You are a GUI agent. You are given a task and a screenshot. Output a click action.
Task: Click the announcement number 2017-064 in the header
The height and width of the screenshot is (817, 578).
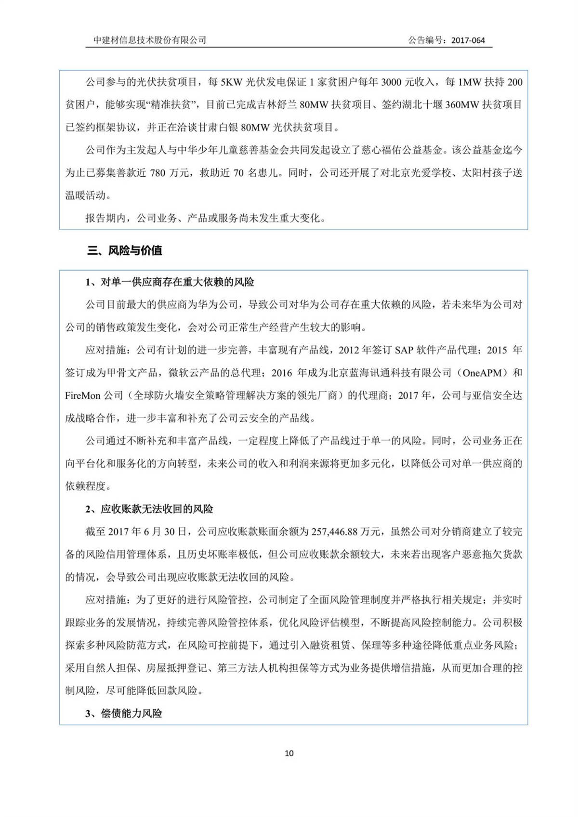click(468, 40)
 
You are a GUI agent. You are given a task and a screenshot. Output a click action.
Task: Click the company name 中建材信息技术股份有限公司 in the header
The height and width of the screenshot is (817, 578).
click(150, 40)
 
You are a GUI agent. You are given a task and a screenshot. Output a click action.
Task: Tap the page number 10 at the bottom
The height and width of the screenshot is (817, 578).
click(289, 753)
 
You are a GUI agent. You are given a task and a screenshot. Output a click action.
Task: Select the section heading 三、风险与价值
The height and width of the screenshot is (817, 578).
click(125, 250)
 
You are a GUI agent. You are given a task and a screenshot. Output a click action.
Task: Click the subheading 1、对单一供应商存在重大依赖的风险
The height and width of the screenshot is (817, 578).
click(170, 282)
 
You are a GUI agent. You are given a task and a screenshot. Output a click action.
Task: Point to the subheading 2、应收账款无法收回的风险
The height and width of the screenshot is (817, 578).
click(149, 509)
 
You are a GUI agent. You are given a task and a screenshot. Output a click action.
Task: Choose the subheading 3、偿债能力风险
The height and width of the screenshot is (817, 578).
click(124, 713)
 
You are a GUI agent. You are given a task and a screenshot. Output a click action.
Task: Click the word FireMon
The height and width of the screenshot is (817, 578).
click(83, 396)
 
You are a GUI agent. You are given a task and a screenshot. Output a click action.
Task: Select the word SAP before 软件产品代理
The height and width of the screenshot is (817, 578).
click(405, 350)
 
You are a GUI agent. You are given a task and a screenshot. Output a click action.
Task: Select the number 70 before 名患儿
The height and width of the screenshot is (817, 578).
click(238, 173)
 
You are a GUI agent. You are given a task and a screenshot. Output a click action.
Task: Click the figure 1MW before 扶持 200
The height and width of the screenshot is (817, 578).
click(469, 82)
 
